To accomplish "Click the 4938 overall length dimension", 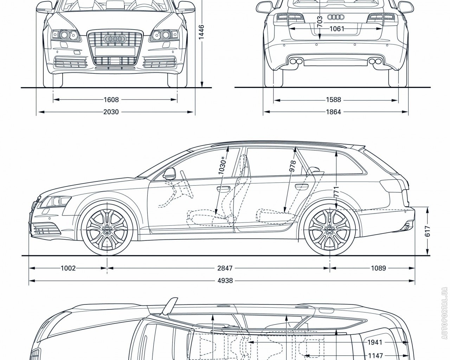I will click(225, 281).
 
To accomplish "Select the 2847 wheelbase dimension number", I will click(225, 268).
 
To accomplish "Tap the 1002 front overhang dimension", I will click(68, 268).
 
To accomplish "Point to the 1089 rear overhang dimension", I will click(378, 268).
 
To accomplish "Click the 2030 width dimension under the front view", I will click(111, 112).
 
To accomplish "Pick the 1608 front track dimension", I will click(111, 100).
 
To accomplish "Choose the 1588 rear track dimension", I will click(333, 100).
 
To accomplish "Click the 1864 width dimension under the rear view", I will click(333, 112).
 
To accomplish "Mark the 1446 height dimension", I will click(201, 32).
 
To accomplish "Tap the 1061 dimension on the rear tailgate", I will click(337, 29).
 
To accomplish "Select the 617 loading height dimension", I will click(427, 231).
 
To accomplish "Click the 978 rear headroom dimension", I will click(292, 166).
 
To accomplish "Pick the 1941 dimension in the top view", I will click(375, 342).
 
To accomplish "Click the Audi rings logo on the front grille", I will click(115, 39).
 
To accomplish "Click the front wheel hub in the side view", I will click(107, 230).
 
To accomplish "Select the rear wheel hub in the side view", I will click(330, 230).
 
